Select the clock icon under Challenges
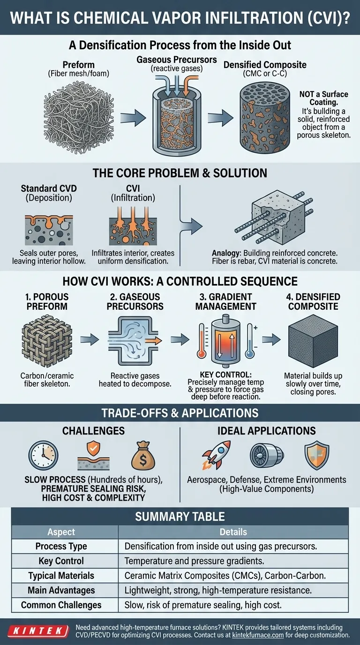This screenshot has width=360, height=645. (43, 455)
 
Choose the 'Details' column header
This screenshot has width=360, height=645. (233, 532)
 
